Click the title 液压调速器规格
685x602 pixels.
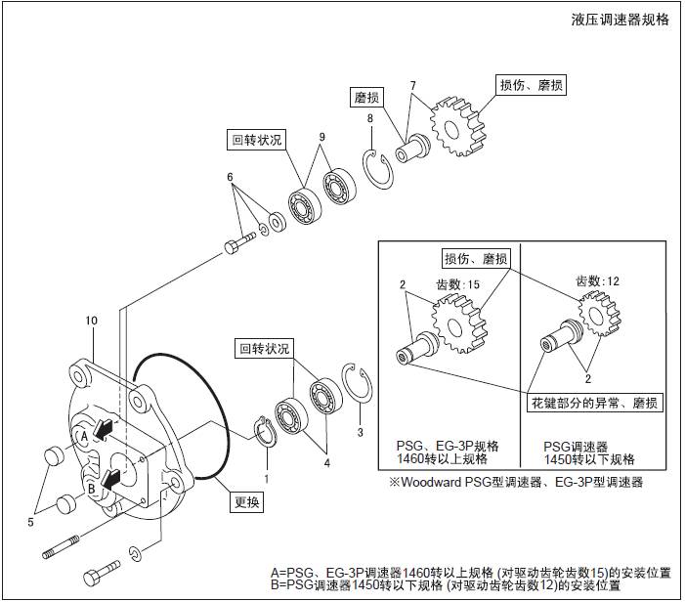pos(621,20)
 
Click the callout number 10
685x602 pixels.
pos(92,321)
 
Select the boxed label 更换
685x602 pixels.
pos(247,504)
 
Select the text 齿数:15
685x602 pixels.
pos(458,284)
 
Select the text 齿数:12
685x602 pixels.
pos(598,280)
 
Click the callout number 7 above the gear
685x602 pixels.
pos(413,86)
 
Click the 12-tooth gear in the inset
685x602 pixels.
pos(594,312)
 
